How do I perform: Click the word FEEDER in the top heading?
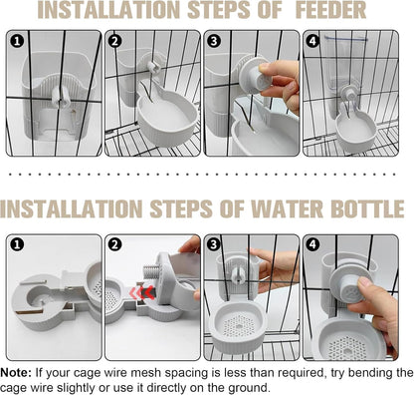pos(330,10)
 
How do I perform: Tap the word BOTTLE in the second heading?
pos(367,208)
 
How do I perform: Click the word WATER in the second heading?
pos(287,208)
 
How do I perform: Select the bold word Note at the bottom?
pos(16,373)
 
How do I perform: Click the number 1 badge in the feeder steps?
pos(17,41)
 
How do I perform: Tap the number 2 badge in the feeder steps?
pos(114,41)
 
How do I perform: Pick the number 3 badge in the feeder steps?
pos(214,41)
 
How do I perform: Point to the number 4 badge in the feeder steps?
pos(312,41)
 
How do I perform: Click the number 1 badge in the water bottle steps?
pos(17,245)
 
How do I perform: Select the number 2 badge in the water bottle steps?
pos(114,245)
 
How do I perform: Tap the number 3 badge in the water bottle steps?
pos(214,245)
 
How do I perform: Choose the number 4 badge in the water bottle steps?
pos(312,245)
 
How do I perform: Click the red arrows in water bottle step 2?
pos(142,292)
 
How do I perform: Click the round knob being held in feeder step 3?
pos(256,76)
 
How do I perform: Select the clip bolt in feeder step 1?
pos(61,97)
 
